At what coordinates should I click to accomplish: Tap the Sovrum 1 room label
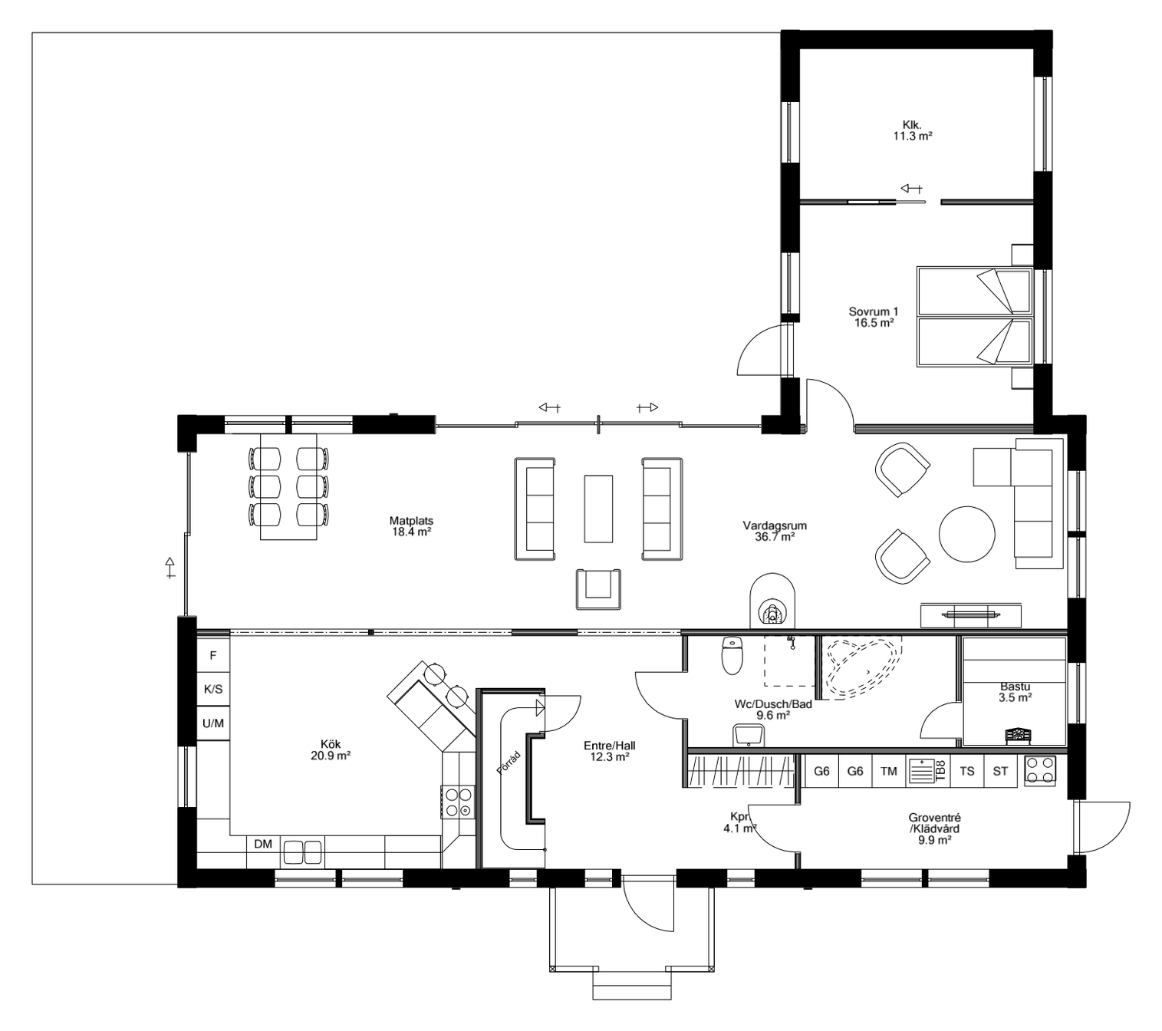pyautogui.click(x=874, y=318)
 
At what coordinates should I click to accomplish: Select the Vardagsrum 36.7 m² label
pyautogui.click(x=775, y=532)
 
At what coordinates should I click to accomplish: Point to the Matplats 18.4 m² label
pyautogui.click(x=411, y=526)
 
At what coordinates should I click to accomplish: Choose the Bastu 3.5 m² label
pyautogui.click(x=1015, y=692)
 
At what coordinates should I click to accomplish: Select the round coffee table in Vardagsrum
pyautogui.click(x=968, y=535)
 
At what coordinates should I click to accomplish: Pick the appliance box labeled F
pyautogui.click(x=213, y=656)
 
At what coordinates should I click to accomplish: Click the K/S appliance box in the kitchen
pyautogui.click(x=213, y=690)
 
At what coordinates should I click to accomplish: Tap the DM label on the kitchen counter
pyautogui.click(x=263, y=845)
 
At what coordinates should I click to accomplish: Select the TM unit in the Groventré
pyautogui.click(x=889, y=771)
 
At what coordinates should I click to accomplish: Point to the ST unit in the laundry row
pyautogui.click(x=1000, y=771)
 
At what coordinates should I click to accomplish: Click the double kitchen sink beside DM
pyautogui.click(x=303, y=851)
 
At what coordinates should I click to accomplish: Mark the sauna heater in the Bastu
pyautogui.click(x=1019, y=735)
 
